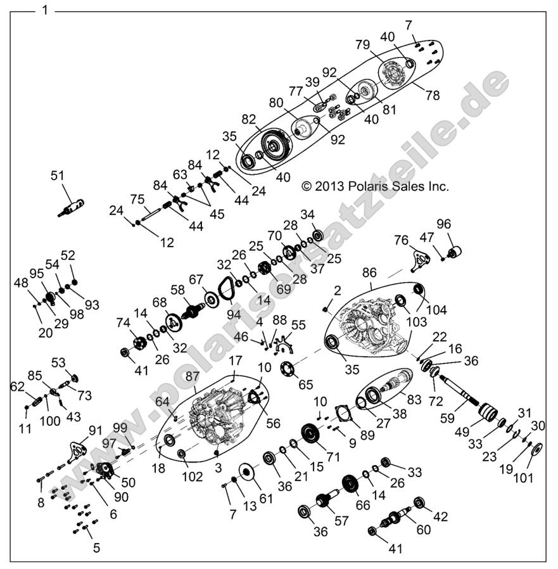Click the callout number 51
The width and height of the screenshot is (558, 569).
click(x=58, y=177)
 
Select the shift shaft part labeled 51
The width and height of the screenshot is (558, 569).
click(x=72, y=207)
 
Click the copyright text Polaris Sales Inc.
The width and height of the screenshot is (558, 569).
click(x=375, y=186)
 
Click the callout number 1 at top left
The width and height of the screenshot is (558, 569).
click(x=43, y=10)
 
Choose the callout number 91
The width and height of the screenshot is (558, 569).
click(x=96, y=430)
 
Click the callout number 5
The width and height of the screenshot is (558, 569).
click(x=96, y=548)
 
